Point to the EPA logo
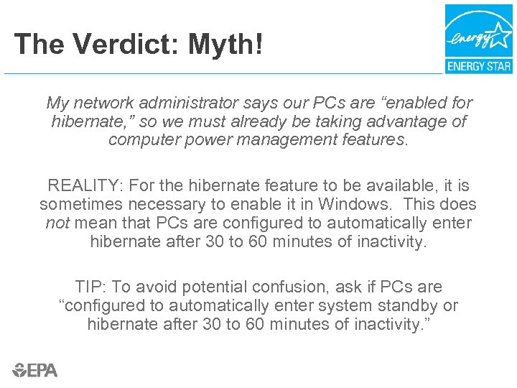click(x=35, y=370)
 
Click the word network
click(x=105, y=103)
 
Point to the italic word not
click(x=57, y=223)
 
